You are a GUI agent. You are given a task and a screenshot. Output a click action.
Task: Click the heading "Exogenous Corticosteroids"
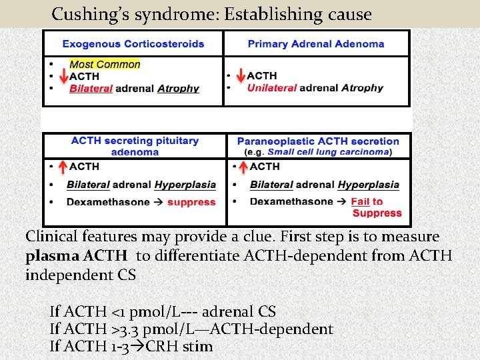pyautogui.click(x=133, y=44)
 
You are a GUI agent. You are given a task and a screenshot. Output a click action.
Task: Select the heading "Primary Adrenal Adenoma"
pyautogui.click(x=316, y=44)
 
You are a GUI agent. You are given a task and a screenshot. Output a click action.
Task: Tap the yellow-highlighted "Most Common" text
pyautogui.click(x=105, y=65)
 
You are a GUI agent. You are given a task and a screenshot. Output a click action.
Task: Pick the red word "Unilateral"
pyautogui.click(x=272, y=88)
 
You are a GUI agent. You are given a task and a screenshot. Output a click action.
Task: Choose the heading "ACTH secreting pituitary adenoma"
pyautogui.click(x=135, y=146)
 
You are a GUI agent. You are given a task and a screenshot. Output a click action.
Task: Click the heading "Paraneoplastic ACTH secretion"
pyautogui.click(x=318, y=141)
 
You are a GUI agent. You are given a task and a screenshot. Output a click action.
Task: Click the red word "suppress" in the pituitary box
pyautogui.click(x=191, y=202)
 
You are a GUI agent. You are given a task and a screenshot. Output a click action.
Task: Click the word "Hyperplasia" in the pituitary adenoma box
pyautogui.click(x=185, y=185)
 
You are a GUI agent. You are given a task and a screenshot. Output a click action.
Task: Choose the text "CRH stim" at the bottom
pyautogui.click(x=181, y=347)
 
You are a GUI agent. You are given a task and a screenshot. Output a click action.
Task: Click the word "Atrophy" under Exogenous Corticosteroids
pyautogui.click(x=178, y=89)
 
